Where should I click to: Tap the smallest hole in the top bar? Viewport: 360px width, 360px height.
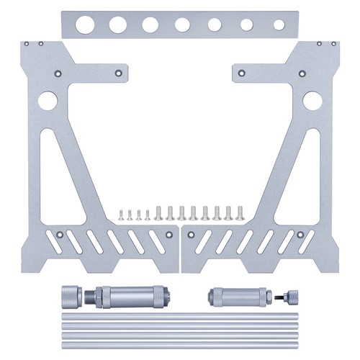[279, 24]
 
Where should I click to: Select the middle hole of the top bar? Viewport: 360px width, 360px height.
[182, 24]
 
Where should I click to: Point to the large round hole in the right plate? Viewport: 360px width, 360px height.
[312, 101]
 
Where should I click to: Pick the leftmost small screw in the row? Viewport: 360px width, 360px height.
[122, 214]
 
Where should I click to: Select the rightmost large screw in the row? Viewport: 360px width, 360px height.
[239, 212]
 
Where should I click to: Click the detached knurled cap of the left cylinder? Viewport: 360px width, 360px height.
[68, 294]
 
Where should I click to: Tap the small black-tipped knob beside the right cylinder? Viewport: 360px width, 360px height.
[289, 295]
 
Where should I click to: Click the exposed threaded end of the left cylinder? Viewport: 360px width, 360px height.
[90, 295]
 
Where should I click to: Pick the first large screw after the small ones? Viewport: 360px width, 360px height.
[158, 212]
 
